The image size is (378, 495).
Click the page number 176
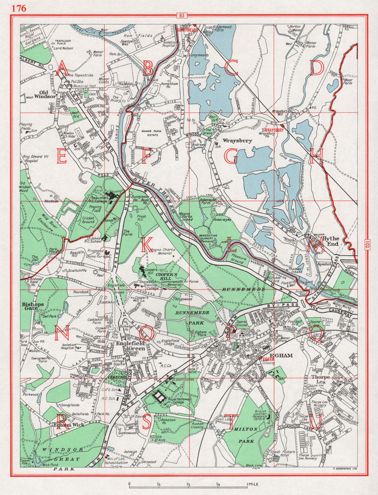coord(19,8)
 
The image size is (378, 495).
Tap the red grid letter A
coord(62,69)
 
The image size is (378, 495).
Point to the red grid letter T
coord(230,422)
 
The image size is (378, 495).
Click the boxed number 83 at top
coord(182,16)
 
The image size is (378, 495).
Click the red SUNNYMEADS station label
coord(188,28)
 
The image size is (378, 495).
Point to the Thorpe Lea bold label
coord(321,379)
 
